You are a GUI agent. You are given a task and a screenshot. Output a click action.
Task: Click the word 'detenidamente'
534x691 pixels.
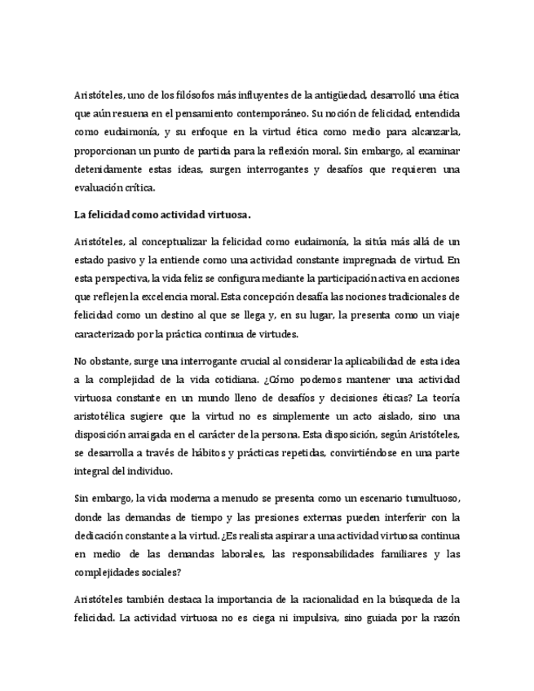click(x=107, y=169)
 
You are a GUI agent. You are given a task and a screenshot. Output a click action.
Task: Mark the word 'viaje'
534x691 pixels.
click(x=446, y=315)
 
